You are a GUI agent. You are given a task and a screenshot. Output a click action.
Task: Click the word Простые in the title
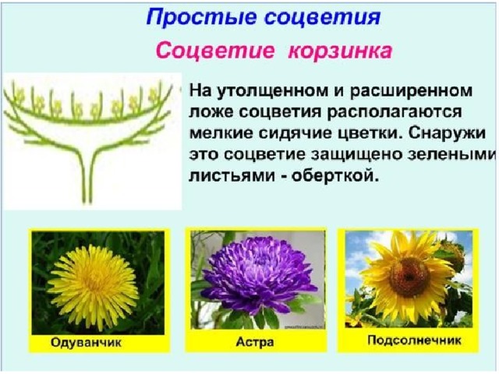click(201, 17)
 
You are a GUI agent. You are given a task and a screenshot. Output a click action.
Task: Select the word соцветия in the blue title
click(323, 17)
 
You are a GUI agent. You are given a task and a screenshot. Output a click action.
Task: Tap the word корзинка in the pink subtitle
click(340, 51)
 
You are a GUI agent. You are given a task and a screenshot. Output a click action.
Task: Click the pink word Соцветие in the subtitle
click(215, 51)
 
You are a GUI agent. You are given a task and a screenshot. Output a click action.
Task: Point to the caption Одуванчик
click(86, 343)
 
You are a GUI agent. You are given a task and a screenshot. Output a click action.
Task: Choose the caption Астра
click(255, 342)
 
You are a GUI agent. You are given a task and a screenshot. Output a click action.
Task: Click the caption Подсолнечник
click(414, 340)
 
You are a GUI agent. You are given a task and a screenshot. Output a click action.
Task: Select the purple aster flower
click(258, 276)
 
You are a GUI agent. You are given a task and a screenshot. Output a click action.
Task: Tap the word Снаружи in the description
click(447, 133)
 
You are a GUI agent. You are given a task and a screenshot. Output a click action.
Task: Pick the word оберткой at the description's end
click(336, 175)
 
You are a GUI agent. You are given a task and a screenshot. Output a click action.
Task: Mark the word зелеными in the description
click(449, 155)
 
